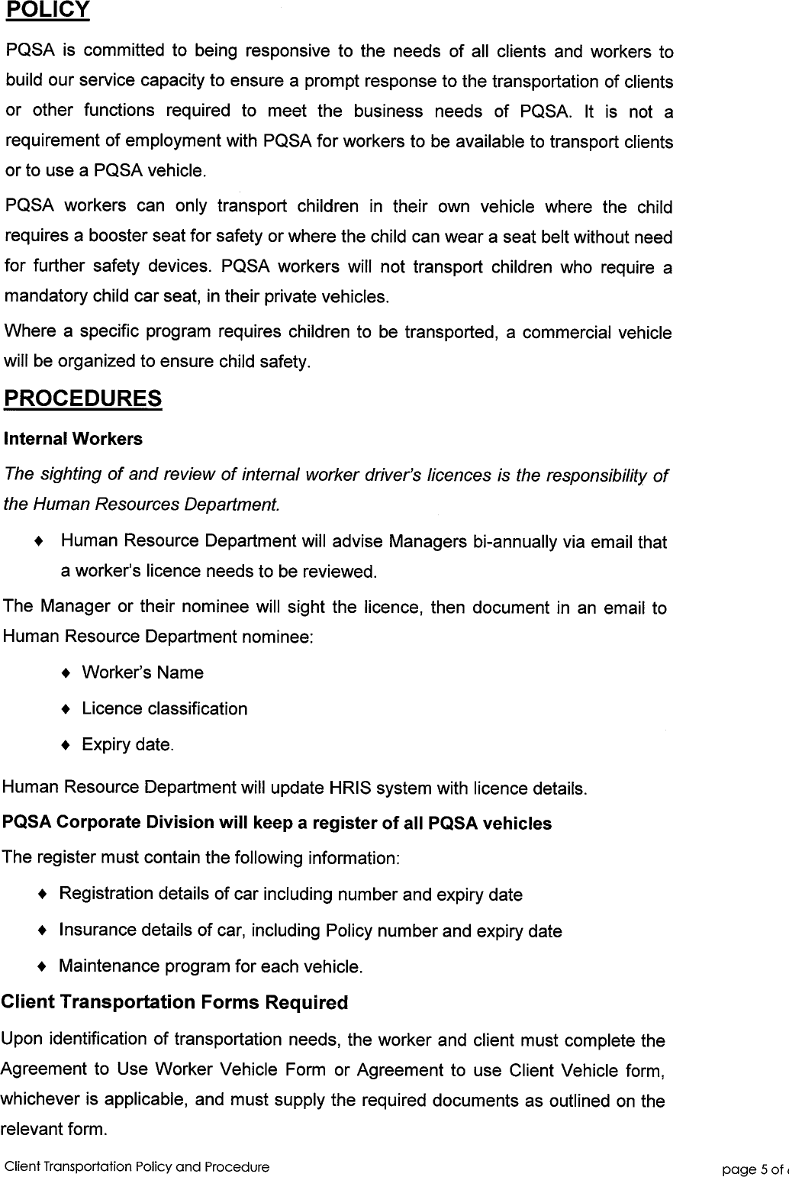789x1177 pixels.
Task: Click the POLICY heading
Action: point(47,10)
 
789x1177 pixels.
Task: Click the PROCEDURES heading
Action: point(83,398)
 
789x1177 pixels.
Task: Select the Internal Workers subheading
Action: point(73,439)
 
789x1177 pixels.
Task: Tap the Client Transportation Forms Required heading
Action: point(175,1002)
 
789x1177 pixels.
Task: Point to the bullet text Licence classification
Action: point(164,709)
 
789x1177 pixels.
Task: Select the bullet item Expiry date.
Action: point(127,745)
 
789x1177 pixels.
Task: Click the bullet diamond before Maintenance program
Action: point(43,966)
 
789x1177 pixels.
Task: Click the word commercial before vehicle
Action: point(567,333)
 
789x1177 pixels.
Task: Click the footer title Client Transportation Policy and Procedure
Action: point(137,1167)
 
